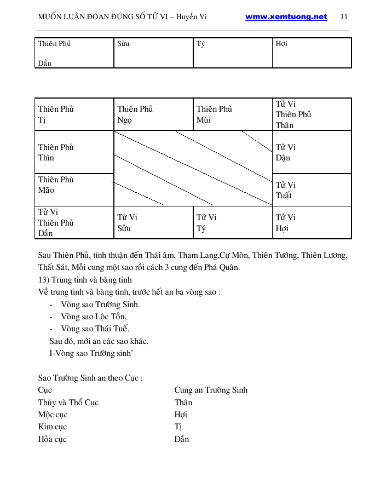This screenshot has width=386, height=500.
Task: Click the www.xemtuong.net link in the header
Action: tap(286, 17)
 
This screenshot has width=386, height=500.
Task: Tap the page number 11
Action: tap(344, 17)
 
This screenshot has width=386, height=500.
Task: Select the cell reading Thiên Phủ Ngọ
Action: tap(153, 114)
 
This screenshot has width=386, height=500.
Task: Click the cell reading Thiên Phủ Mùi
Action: tap(233, 114)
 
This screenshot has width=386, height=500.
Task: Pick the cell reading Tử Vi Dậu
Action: tap(312, 152)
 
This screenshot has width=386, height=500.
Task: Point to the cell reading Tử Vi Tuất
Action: tap(312, 190)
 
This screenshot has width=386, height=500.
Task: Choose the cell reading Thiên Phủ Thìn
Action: tap(75, 152)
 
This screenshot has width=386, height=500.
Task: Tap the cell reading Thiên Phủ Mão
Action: tap(75, 185)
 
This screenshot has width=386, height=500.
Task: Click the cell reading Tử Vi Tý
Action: tap(233, 223)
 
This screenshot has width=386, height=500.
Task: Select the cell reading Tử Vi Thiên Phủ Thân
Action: tap(312, 114)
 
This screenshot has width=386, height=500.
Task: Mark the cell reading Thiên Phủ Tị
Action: tap(75, 114)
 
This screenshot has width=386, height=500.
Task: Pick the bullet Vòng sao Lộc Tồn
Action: tap(94, 317)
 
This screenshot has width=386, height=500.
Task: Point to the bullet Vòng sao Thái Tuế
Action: tap(95, 329)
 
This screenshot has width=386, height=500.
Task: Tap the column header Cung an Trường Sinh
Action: tap(211, 390)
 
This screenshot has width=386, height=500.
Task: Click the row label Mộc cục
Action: tap(53, 415)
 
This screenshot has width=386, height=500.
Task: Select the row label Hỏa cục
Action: tap(53, 439)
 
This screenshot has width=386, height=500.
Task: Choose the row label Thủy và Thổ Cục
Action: tap(68, 403)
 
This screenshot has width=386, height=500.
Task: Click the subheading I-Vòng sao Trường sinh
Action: tap(91, 353)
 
